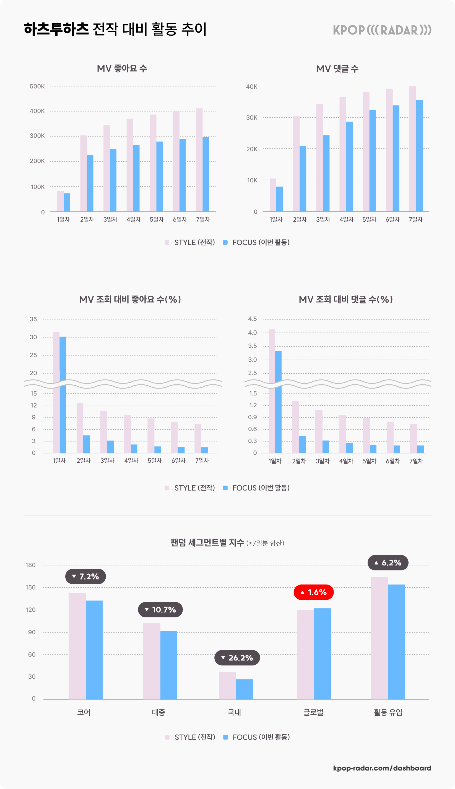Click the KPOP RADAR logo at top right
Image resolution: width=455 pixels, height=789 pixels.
pos(382,30)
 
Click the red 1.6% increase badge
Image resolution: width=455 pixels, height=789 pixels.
pos(313,592)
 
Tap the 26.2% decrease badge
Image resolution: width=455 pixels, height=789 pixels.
pos(237,657)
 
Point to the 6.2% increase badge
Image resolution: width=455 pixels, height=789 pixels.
pos(388,563)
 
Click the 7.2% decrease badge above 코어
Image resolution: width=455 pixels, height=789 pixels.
pos(85,576)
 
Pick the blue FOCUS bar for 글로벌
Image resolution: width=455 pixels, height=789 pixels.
pos(322,654)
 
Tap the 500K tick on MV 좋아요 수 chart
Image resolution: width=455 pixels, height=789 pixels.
pos(37,86)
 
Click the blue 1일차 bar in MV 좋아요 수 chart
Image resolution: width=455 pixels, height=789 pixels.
pos(67,202)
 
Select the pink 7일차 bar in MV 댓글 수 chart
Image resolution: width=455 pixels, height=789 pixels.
pos(412,148)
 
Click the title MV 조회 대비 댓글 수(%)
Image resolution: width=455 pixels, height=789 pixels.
pos(346,299)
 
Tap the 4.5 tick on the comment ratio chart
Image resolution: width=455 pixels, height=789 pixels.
pos(252,319)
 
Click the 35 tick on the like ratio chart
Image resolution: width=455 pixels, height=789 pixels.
pos(33,319)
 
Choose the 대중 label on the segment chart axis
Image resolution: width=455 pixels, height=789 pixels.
pos(158,712)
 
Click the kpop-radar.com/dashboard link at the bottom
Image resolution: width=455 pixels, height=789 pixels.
pos(382,768)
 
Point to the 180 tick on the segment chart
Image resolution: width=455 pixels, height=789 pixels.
pos(31,565)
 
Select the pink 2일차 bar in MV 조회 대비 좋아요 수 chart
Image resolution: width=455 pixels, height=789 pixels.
pos(80,428)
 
